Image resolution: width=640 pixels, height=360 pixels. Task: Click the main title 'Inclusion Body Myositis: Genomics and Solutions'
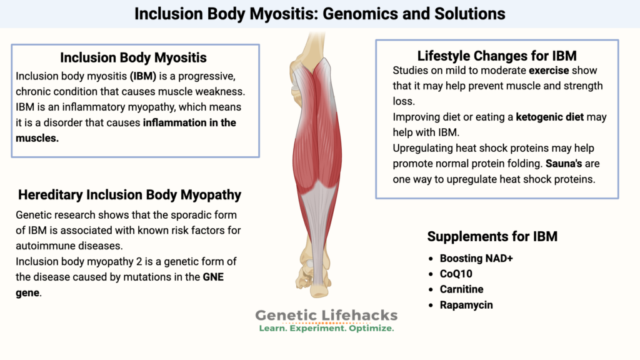coord(320,13)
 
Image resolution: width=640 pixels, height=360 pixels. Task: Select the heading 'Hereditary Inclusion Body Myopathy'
coord(129,194)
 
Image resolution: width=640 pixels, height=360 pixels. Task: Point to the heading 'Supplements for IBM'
coord(492,236)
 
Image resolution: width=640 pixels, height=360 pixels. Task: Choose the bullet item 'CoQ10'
coord(460,274)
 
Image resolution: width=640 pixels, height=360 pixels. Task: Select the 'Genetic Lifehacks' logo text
coord(326,316)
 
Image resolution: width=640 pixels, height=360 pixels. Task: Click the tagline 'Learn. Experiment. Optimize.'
coord(326,328)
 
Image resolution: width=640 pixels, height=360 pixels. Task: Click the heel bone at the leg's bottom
coord(319,288)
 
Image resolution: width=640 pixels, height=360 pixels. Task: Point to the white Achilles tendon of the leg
coord(319,244)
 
